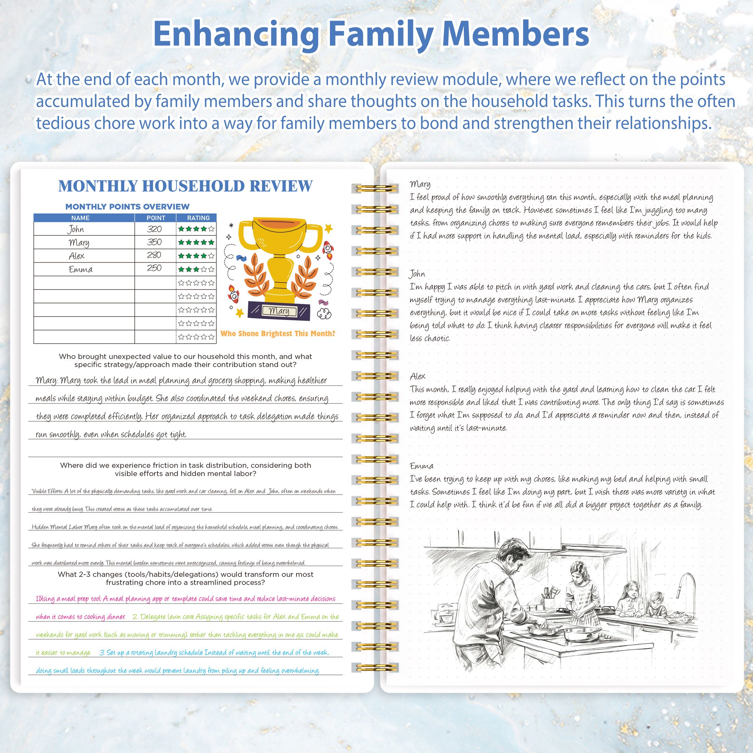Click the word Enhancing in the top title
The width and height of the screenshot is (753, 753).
coord(236,34)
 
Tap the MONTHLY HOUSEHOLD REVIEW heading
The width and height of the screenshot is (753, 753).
coord(185,186)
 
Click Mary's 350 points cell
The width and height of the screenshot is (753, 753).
coord(154,242)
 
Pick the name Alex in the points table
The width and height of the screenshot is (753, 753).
coord(76,256)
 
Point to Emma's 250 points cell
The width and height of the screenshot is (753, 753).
coord(154,269)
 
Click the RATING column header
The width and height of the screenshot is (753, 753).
coord(199,218)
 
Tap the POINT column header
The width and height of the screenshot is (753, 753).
coord(155,218)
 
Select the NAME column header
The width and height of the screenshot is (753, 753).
coord(80,218)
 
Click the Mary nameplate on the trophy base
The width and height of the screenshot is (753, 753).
coord(279,311)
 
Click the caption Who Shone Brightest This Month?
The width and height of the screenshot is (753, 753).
coord(278,334)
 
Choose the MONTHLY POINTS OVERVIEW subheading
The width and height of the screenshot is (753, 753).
coord(127,207)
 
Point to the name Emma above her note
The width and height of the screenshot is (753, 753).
coord(421,466)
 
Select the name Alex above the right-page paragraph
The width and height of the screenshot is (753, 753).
coord(418,376)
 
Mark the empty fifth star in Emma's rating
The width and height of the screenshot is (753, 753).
coord(211,269)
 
